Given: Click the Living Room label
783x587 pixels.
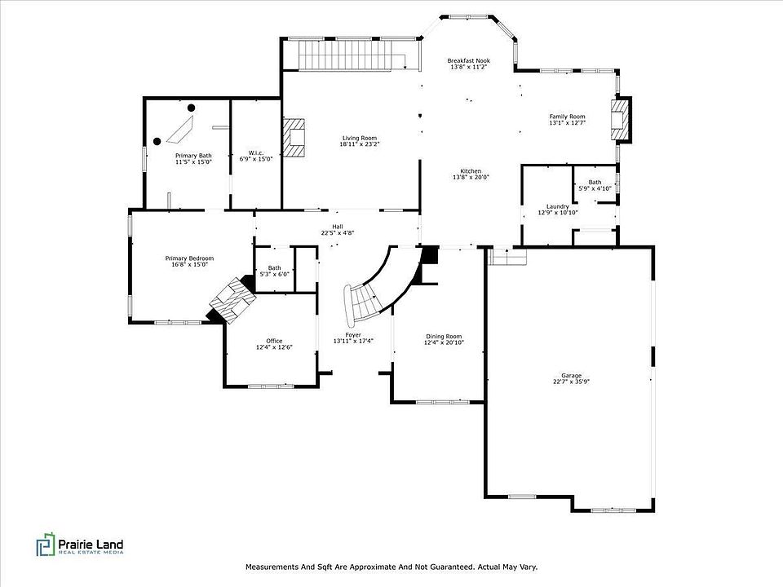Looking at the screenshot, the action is pyautogui.click(x=360, y=138).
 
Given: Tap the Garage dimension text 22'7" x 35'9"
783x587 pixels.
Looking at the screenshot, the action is pyautogui.click(x=571, y=382).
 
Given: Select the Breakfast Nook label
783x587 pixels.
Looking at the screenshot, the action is pyautogui.click(x=468, y=60).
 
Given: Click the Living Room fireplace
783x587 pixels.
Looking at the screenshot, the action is pyautogui.click(x=294, y=137).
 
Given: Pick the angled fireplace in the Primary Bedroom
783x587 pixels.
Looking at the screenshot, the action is pyautogui.click(x=232, y=300).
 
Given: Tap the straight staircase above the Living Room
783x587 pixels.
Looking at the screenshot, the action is pyautogui.click(x=352, y=55).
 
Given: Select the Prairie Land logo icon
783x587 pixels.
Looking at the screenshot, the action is pyautogui.click(x=45, y=545).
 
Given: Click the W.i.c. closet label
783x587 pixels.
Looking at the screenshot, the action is pyautogui.click(x=256, y=152).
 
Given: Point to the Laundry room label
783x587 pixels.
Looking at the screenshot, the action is pyautogui.click(x=558, y=206).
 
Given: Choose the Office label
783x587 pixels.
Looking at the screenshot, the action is pyautogui.click(x=274, y=341).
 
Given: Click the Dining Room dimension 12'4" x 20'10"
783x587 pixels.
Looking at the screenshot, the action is pyautogui.click(x=444, y=343).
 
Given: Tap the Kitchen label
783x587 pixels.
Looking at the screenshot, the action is pyautogui.click(x=471, y=170).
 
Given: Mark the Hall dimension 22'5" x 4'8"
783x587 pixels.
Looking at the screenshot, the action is pyautogui.click(x=338, y=232).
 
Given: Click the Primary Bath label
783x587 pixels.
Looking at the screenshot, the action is pyautogui.click(x=193, y=156).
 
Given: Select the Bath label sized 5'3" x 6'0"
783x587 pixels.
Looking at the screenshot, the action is pyautogui.click(x=274, y=268).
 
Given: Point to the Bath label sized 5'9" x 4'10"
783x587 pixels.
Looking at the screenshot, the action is pyautogui.click(x=595, y=182).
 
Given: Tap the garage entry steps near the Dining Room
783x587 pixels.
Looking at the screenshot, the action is pyautogui.click(x=507, y=257).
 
